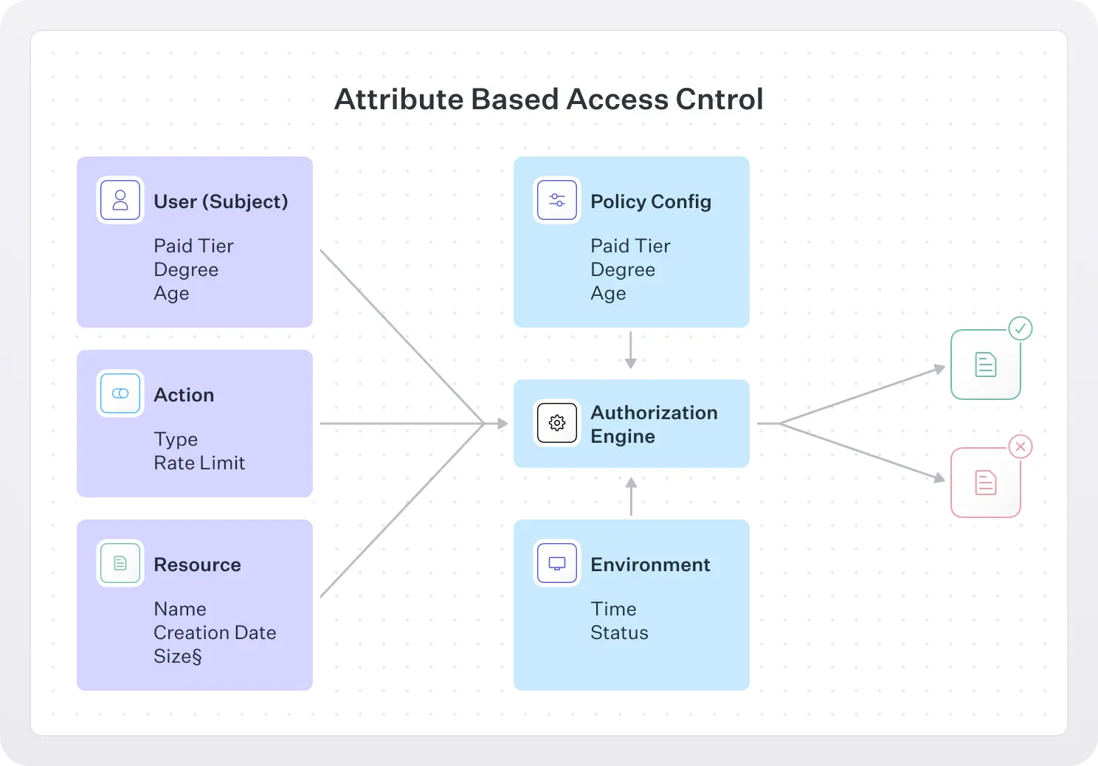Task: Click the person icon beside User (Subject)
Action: point(120,200)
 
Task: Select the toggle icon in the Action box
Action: point(120,393)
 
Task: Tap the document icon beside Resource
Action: point(120,563)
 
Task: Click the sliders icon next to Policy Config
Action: point(557,200)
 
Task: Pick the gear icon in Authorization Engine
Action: point(557,423)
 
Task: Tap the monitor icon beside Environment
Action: point(557,563)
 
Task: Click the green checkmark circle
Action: point(1021,328)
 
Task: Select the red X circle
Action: point(1021,446)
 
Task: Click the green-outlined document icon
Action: point(986,365)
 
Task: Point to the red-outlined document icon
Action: point(986,483)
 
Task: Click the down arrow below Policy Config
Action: point(631,351)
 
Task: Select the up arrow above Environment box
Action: point(631,496)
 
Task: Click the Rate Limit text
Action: point(199,463)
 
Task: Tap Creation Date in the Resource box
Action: point(215,632)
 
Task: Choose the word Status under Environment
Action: point(619,632)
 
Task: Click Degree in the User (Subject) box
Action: point(186,270)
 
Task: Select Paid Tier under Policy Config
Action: point(630,246)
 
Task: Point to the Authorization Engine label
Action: point(654,424)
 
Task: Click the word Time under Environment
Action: point(613,609)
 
